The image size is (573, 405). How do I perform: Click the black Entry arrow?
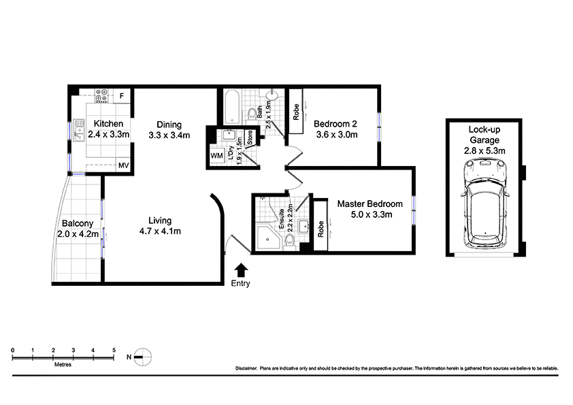click(x=240, y=270)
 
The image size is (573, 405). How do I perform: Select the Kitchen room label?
click(x=109, y=124)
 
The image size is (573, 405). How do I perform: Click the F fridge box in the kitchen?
click(x=122, y=95)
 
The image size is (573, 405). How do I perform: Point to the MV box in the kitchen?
click(x=124, y=165)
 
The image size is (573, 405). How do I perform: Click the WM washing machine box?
click(x=217, y=157)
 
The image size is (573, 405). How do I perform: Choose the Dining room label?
click(x=169, y=125)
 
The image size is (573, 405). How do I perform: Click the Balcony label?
click(x=76, y=223)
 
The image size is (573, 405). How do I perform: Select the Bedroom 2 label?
click(x=335, y=124)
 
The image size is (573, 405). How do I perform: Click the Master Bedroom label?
click(x=370, y=204)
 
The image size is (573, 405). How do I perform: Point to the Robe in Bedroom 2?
click(x=296, y=112)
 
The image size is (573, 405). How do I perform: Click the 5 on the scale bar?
click(x=114, y=350)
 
